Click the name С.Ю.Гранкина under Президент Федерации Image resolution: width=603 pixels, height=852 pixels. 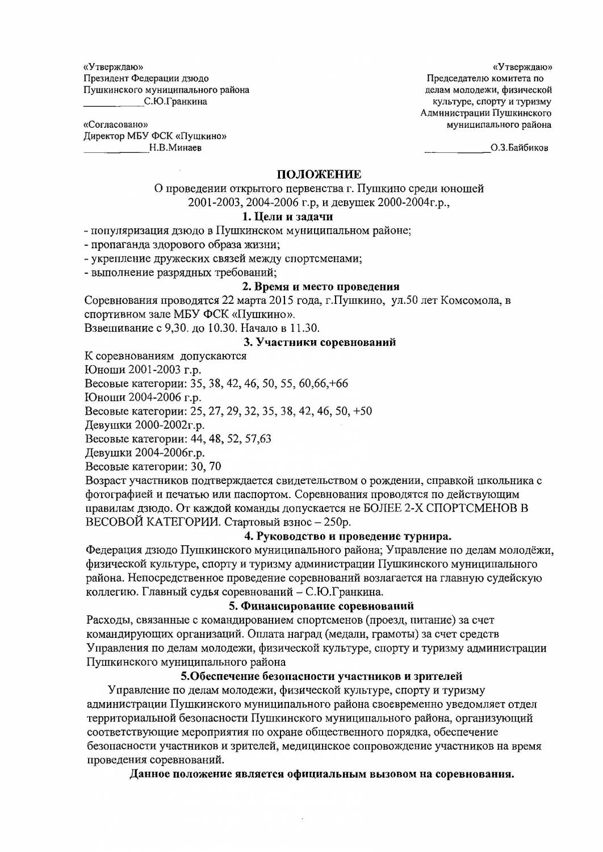click(x=175, y=102)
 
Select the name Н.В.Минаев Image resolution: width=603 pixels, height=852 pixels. click(x=175, y=148)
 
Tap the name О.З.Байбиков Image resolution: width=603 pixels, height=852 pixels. click(x=520, y=149)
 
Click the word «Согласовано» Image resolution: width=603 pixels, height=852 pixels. click(x=116, y=124)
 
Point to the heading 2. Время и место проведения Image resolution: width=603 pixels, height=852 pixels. click(x=321, y=286)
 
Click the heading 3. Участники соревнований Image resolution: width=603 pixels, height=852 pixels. click(x=320, y=342)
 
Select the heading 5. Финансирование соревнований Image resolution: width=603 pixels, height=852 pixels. click(x=321, y=606)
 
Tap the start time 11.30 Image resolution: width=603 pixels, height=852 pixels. click(x=307, y=328)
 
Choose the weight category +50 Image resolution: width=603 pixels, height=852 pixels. click(x=362, y=411)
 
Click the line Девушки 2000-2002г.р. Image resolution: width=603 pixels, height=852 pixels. click(x=145, y=425)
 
